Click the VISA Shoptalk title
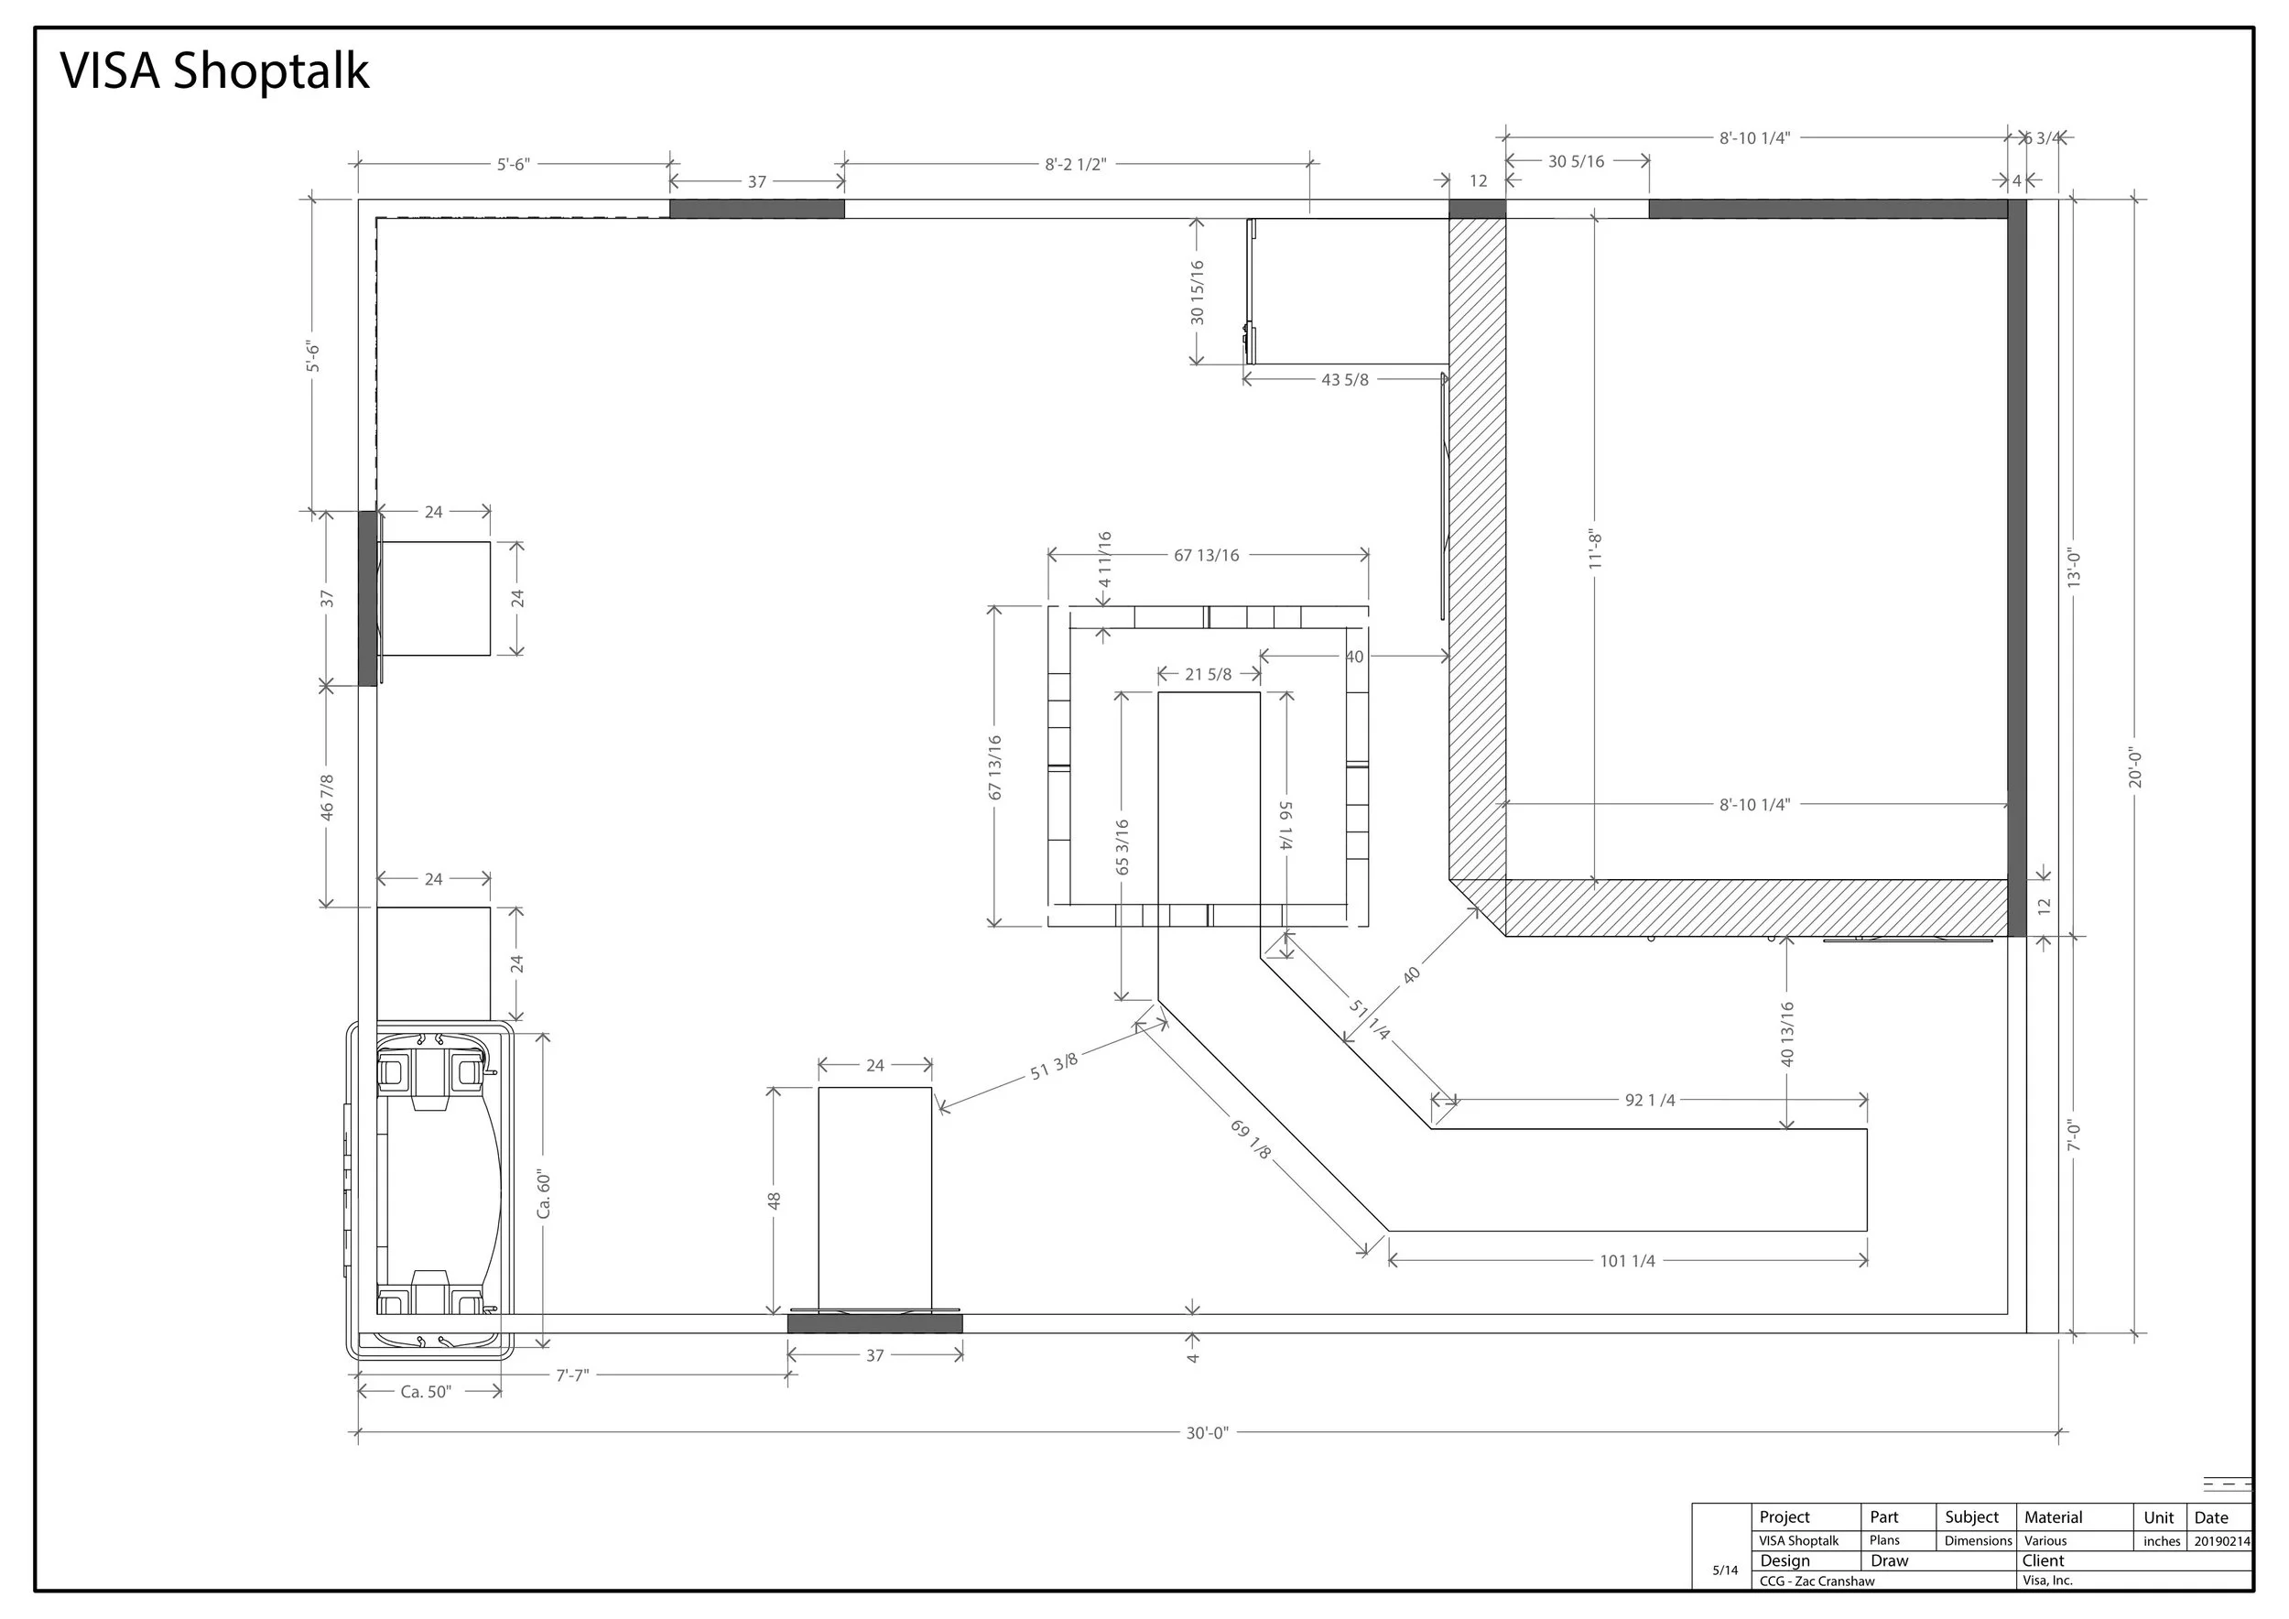[x=214, y=71]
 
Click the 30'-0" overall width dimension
[x=1208, y=1434]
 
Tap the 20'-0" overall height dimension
[x=2134, y=767]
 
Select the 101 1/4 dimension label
[x=1627, y=1261]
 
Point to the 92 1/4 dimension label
[x=1650, y=1101]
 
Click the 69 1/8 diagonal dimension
[x=1252, y=1139]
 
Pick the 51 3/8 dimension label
[x=1054, y=1067]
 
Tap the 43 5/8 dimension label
[x=1345, y=380]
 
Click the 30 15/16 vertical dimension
[x=1198, y=292]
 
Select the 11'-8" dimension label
[x=1595, y=549]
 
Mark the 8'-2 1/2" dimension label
[x=1076, y=165]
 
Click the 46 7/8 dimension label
[x=327, y=798]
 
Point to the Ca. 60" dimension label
[x=543, y=1194]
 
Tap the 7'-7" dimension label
[x=572, y=1375]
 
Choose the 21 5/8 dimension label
[x=1208, y=675]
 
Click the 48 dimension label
[x=774, y=1201]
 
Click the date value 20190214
[x=2222, y=1541]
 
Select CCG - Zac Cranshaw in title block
[x=1817, y=1581]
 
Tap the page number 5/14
[x=1725, y=1570]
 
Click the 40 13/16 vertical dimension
[x=1786, y=1034]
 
